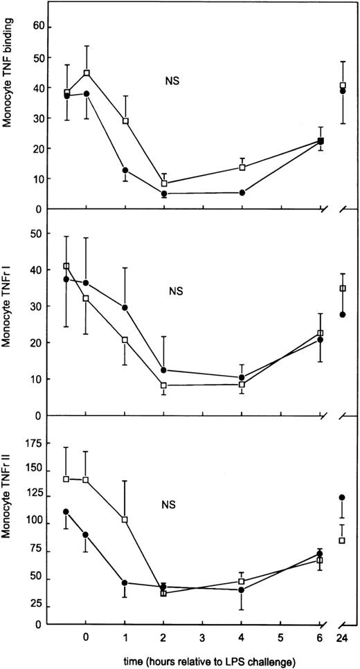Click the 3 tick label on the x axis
pyautogui.click(x=203, y=636)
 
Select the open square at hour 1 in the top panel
pyautogui.click(x=125, y=121)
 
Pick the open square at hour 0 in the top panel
pyautogui.click(x=87, y=73)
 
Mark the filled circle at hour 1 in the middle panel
pyautogui.click(x=125, y=307)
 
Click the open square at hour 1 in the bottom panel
pyautogui.click(x=125, y=519)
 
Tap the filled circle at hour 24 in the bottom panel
pyautogui.click(x=342, y=497)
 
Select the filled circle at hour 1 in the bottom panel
pyautogui.click(x=125, y=583)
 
